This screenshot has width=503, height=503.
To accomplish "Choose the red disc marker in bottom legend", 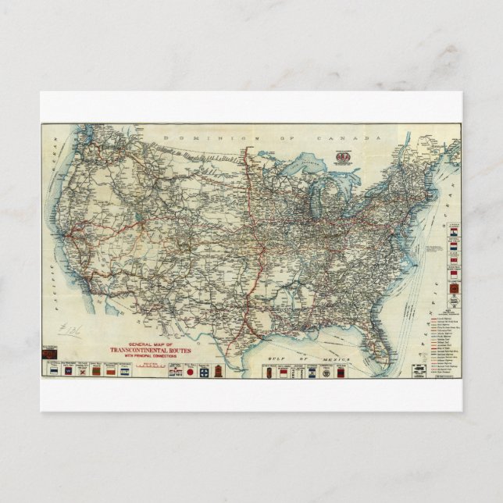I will point(190,373).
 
